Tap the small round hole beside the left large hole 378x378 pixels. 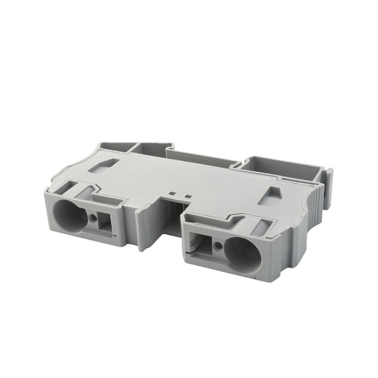(94, 219)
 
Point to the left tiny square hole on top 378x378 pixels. (174, 196)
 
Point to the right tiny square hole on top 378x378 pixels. (188, 197)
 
